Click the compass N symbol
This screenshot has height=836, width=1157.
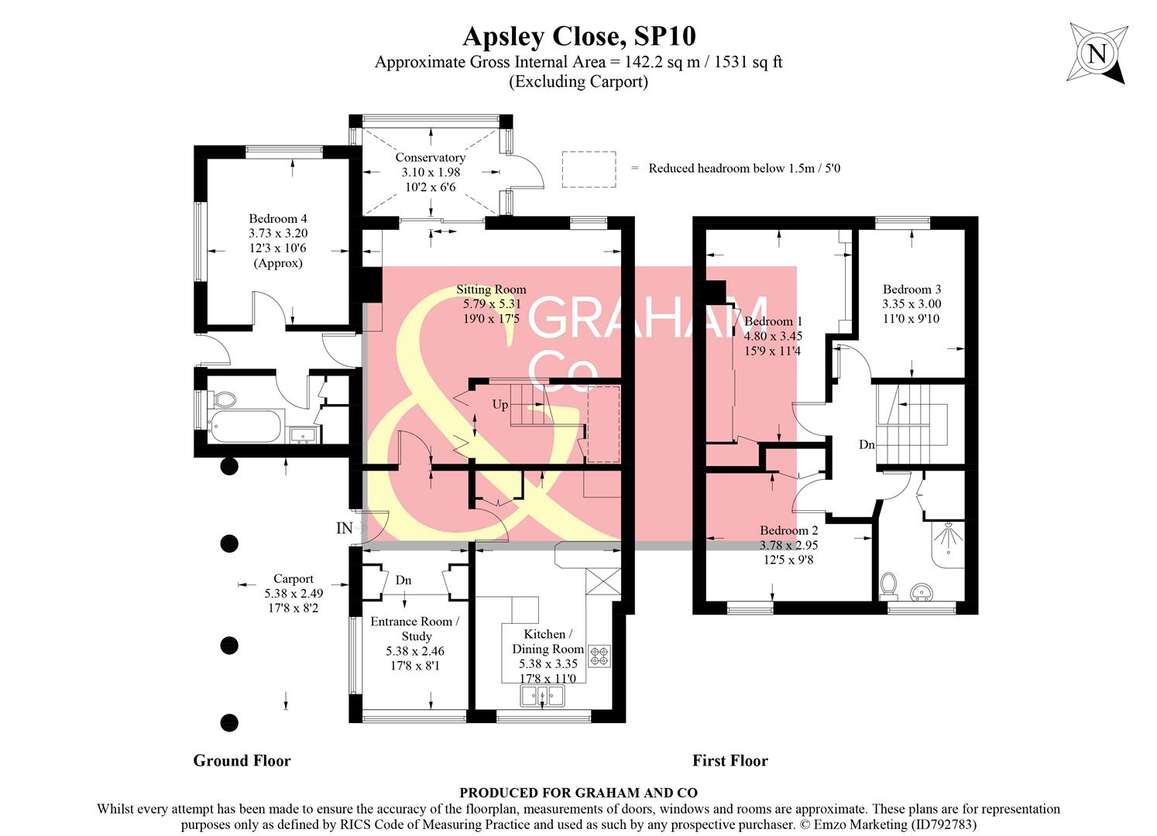(x=1097, y=53)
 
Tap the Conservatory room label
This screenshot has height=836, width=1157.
(x=430, y=158)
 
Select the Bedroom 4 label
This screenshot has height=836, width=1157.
(x=277, y=219)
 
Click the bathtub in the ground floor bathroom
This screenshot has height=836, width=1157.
(x=245, y=426)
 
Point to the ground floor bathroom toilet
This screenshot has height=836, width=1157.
(x=225, y=399)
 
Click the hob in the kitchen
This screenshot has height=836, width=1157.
(x=599, y=656)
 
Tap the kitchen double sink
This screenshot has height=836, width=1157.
(x=544, y=696)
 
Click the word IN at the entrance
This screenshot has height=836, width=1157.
(x=345, y=529)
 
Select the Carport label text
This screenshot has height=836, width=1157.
(x=294, y=579)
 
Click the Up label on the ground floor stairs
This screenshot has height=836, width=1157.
(x=500, y=405)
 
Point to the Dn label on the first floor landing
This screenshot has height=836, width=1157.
(x=867, y=445)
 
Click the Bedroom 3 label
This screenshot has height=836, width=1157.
(x=912, y=290)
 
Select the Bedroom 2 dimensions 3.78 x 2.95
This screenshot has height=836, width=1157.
(x=788, y=545)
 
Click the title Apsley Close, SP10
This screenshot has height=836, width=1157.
(x=578, y=36)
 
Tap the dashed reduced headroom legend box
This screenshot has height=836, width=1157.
(x=589, y=169)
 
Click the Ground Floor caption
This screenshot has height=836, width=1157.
(x=242, y=761)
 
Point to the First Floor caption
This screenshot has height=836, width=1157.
(x=730, y=761)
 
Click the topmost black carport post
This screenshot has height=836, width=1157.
(x=228, y=466)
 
